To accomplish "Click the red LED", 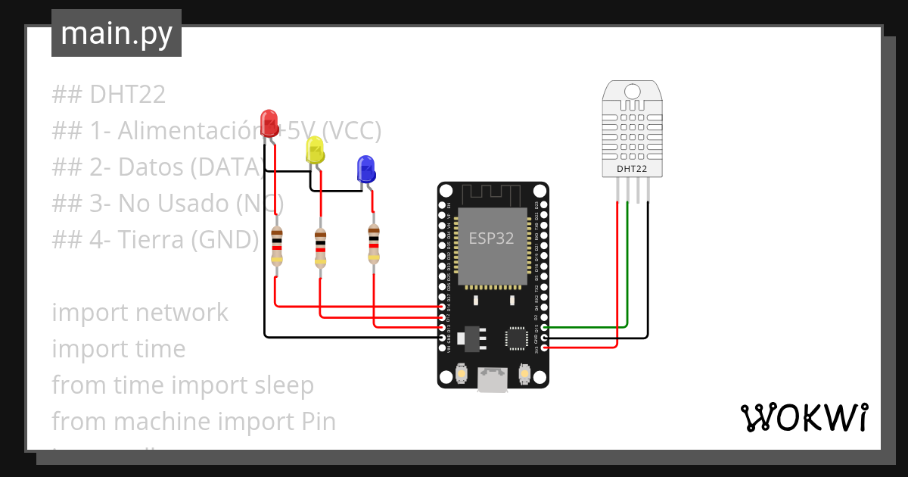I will pyautogui.click(x=269, y=123).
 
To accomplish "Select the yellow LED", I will pyautogui.click(x=315, y=150).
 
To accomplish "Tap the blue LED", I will pyautogui.click(x=365, y=169).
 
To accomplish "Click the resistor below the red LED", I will pyautogui.click(x=277, y=245).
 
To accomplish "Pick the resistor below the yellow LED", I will pyautogui.click(x=321, y=248).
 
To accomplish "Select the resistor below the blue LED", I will pyautogui.click(x=372, y=245).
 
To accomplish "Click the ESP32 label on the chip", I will pyautogui.click(x=491, y=238).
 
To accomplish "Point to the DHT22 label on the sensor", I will pyautogui.click(x=632, y=169).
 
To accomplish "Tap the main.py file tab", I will pyautogui.click(x=116, y=34).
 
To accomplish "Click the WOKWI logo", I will pyautogui.click(x=804, y=417).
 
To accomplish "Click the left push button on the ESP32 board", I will pyautogui.click(x=462, y=373).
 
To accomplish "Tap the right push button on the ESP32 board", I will pyautogui.click(x=524, y=373).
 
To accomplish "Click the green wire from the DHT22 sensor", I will pyautogui.click(x=627, y=265).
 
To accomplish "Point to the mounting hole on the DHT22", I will pyautogui.click(x=632, y=92).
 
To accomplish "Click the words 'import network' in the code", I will pyautogui.click(x=140, y=313).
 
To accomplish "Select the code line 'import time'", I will pyautogui.click(x=119, y=349).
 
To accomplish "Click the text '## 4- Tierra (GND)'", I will pyautogui.click(x=155, y=240).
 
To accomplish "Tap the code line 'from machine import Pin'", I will pyautogui.click(x=194, y=421).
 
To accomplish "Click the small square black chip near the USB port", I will pyautogui.click(x=518, y=338).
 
